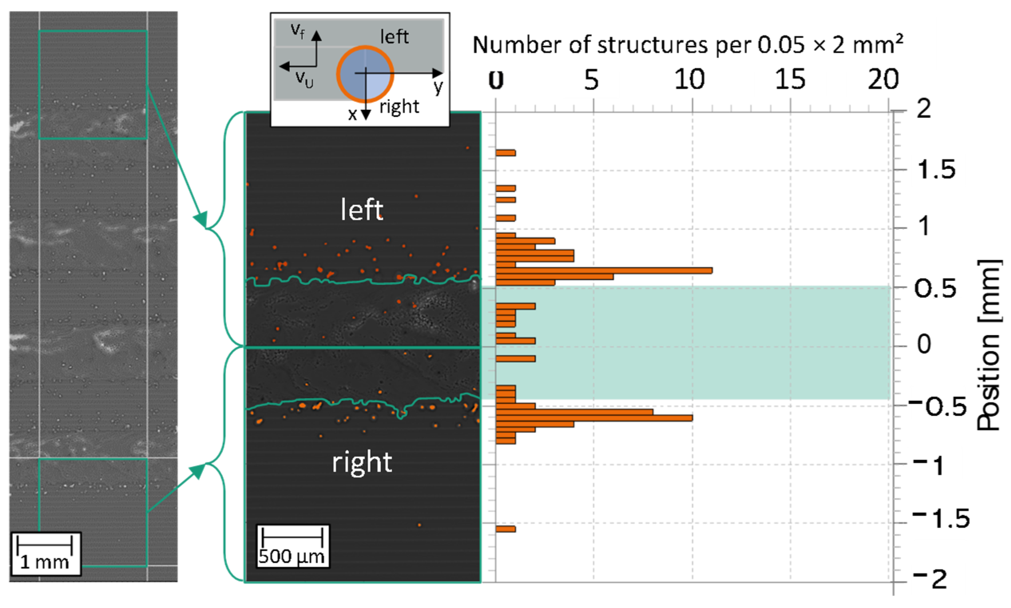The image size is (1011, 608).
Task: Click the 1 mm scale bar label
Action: pos(45,562)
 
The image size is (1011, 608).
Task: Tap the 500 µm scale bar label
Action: pos(291,556)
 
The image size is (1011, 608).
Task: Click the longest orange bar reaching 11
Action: pos(604,270)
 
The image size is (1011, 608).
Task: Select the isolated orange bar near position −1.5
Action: pos(505,529)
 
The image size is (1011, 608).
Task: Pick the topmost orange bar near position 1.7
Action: pos(505,153)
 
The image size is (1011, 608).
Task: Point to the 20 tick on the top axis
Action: pos(883,79)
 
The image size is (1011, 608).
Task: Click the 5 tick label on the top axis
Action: pos(591,79)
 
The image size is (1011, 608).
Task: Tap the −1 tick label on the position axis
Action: pos(930,466)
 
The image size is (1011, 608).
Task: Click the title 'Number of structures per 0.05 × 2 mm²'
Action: pos(688,45)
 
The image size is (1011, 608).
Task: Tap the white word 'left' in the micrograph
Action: pos(362,210)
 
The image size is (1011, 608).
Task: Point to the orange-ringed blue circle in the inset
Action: pos(365,74)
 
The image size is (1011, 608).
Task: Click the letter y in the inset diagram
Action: pos(438,87)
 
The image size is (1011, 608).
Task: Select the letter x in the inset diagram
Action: pos(352,114)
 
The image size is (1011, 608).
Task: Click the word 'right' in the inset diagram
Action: pos(399,107)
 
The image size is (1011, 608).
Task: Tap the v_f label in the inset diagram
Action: pos(298,31)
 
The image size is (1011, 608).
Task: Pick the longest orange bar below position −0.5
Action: pos(594,418)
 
